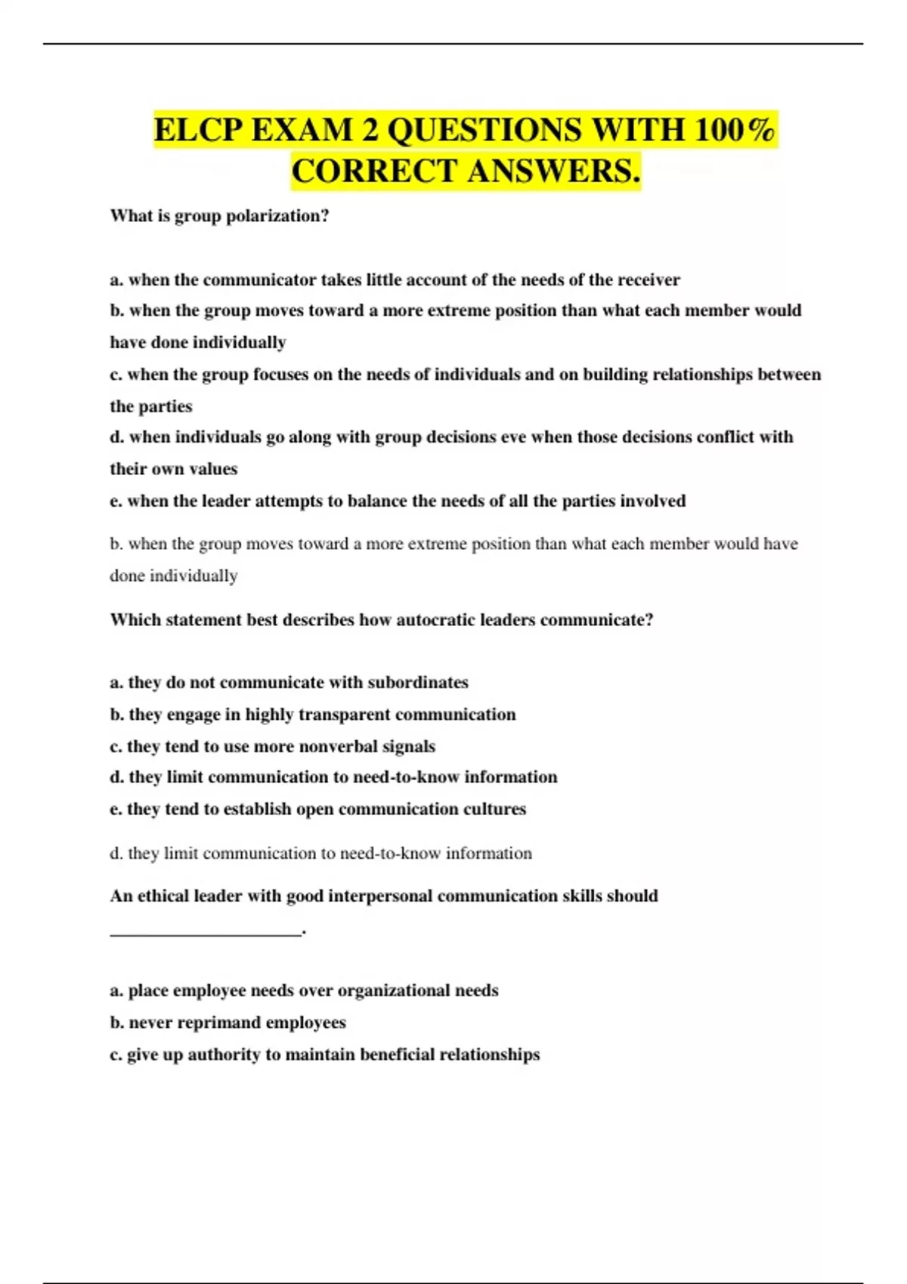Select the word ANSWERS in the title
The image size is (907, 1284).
point(553,171)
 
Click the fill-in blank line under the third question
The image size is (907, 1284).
point(206,934)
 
